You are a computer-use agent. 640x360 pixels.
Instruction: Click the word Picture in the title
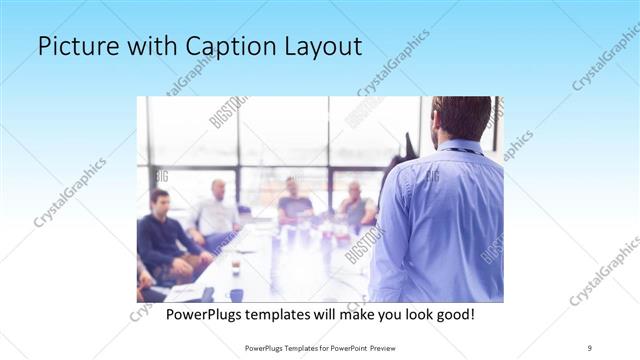73,47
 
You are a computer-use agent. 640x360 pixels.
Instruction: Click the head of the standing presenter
461,117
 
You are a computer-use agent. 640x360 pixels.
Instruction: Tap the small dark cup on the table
236,268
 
